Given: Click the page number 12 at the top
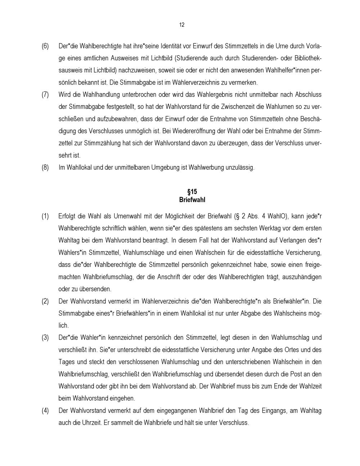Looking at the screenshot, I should pyautogui.click(x=181, y=25).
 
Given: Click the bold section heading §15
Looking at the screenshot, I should pyautogui.click(x=192, y=192).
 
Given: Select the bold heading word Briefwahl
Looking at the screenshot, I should pyautogui.click(x=192, y=200).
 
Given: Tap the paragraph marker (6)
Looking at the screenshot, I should pyautogui.click(x=45, y=46).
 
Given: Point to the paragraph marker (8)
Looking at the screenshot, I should pyautogui.click(x=45, y=167).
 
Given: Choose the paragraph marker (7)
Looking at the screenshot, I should pyautogui.click(x=45, y=95).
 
